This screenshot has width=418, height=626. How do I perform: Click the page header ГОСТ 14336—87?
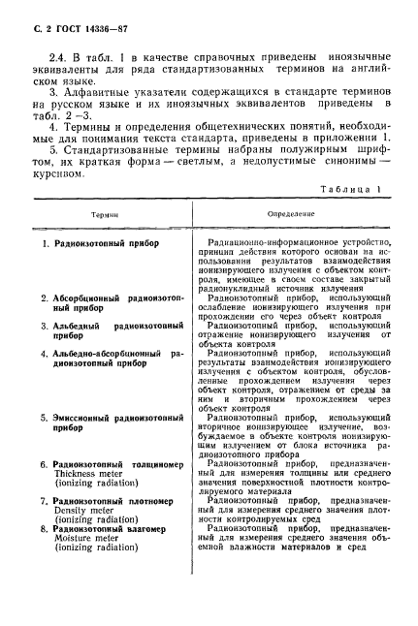point(81,28)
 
